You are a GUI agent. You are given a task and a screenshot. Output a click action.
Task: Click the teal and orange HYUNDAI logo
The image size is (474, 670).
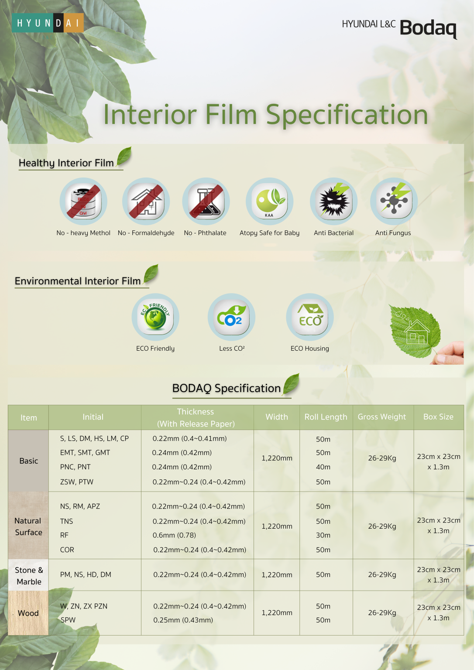click(48, 23)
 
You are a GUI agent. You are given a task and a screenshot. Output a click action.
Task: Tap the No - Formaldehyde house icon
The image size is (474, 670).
click(146, 201)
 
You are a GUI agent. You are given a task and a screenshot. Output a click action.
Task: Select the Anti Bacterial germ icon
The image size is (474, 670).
click(333, 201)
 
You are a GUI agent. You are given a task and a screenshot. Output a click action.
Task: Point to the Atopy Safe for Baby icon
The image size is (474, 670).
click(269, 201)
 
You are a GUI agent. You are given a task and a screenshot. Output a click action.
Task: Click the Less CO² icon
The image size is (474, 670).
click(231, 317)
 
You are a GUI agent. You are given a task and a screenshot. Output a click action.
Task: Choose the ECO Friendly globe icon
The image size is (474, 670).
click(155, 317)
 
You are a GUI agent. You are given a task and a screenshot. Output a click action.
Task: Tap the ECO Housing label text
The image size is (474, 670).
click(310, 349)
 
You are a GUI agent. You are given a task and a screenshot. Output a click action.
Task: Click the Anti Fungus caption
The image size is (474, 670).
click(393, 233)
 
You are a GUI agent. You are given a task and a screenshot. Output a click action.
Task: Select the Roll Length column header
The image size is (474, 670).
click(326, 417)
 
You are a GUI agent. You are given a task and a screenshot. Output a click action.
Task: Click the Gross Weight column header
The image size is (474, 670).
click(382, 417)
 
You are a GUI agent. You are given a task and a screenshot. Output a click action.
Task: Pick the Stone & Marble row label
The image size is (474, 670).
click(29, 576)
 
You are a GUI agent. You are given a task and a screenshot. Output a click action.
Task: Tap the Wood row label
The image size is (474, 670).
click(28, 613)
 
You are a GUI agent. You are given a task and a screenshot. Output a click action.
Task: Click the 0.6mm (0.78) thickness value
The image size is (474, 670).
click(174, 535)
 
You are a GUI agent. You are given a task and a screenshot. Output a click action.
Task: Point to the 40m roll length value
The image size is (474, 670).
click(323, 467)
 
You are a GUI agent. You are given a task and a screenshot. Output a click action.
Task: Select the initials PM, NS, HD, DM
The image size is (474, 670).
click(86, 574)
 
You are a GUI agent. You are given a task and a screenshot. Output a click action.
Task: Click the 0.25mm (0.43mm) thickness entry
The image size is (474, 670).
click(183, 620)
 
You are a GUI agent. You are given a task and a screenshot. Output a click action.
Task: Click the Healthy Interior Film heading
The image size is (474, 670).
click(66, 163)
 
